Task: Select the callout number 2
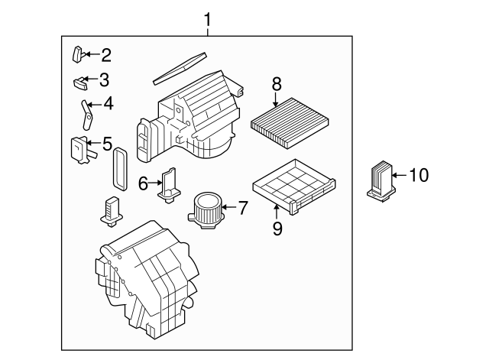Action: [105, 54]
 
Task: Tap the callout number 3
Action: [104, 79]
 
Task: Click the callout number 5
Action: [107, 142]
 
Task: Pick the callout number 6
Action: [143, 183]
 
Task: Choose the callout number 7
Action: [243, 206]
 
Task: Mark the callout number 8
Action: [277, 84]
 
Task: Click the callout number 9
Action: [278, 228]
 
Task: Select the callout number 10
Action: [419, 176]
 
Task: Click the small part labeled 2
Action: [78, 54]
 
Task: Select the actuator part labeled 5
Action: [79, 148]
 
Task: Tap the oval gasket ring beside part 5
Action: [118, 168]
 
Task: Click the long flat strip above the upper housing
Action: [180, 67]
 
